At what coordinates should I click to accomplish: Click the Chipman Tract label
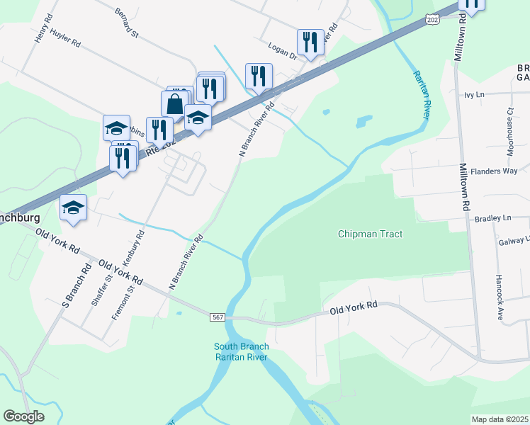pyautogui.click(x=370, y=234)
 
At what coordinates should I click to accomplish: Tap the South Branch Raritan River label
pyautogui.click(x=241, y=351)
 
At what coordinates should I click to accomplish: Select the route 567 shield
pyautogui.click(x=218, y=317)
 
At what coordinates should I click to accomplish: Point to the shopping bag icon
pyautogui.click(x=175, y=104)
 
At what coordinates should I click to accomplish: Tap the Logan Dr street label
pyautogui.click(x=281, y=47)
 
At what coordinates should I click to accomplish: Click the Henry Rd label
pyautogui.click(x=43, y=29)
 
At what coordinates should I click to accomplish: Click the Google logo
pyautogui.click(x=24, y=416)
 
